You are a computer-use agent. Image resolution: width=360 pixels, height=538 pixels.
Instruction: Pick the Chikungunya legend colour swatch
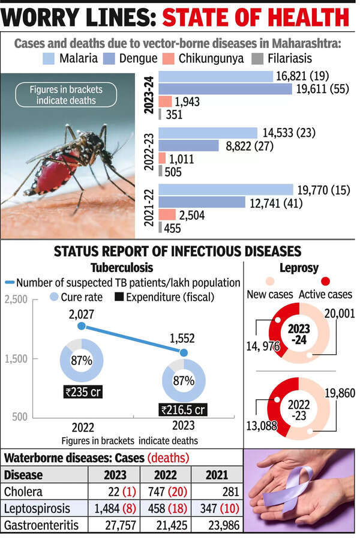point(169,59)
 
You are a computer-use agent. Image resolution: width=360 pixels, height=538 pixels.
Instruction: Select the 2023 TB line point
point(184,352)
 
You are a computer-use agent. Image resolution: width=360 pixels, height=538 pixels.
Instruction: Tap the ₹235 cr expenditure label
point(83,391)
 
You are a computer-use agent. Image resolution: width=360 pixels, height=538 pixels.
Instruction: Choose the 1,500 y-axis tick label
point(17,358)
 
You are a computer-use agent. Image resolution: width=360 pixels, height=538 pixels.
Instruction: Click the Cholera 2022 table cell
point(165,492)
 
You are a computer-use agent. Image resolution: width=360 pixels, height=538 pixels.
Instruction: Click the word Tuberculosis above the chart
point(124,268)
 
